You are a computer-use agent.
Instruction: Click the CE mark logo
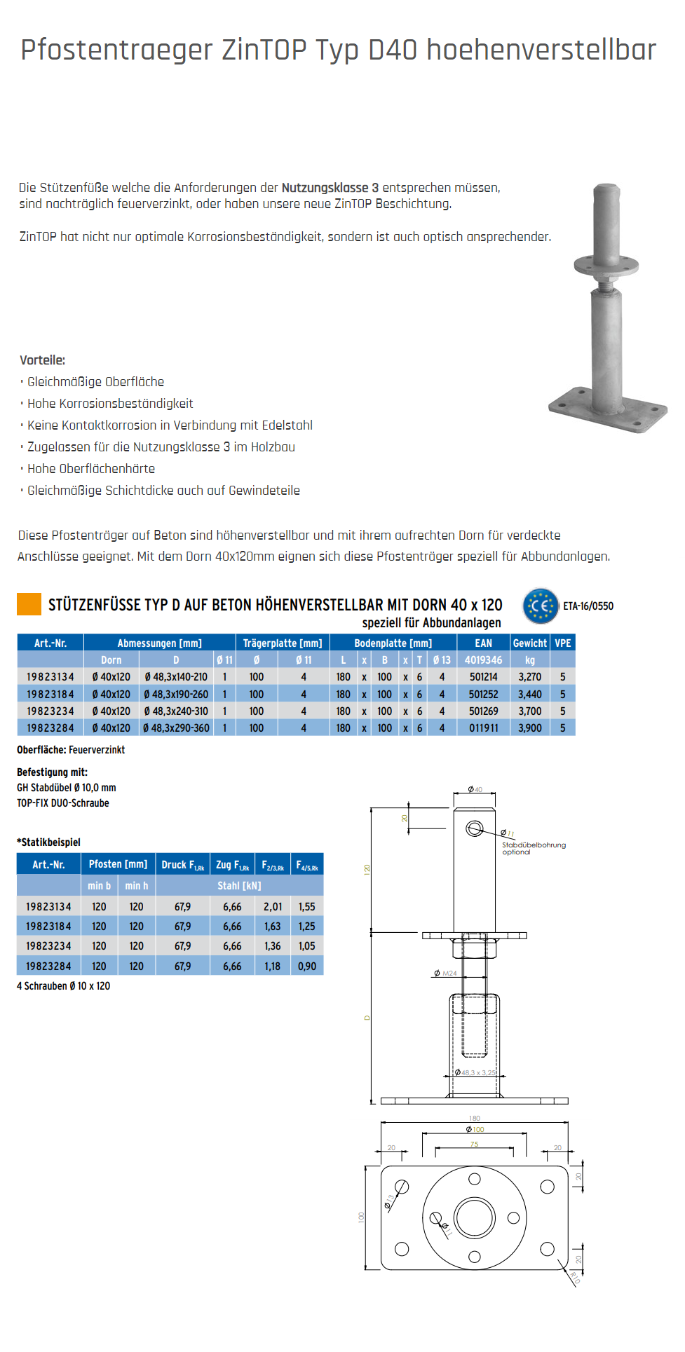coord(540,606)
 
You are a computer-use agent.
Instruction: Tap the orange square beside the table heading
coord(29,604)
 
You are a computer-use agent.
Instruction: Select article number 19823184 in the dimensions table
coord(50,694)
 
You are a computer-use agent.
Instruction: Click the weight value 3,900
coord(529,728)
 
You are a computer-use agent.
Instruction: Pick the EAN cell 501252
coord(483,694)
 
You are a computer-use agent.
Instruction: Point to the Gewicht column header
coord(529,643)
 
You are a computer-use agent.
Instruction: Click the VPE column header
coord(562,643)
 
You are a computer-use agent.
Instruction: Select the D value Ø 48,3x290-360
coord(176,728)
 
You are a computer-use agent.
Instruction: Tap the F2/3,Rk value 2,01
coord(273,906)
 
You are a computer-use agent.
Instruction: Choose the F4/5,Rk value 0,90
coord(306,966)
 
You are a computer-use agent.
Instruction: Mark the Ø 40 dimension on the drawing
coord(475,789)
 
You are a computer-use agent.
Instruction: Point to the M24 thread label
coord(446,973)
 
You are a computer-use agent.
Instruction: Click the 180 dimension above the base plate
coord(475,1118)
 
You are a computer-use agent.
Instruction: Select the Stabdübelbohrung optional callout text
coord(533,848)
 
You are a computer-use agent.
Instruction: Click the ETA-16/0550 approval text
coord(588,606)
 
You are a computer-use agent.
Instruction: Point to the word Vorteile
coord(42,360)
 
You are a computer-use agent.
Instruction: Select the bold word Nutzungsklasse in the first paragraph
coord(325,188)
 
